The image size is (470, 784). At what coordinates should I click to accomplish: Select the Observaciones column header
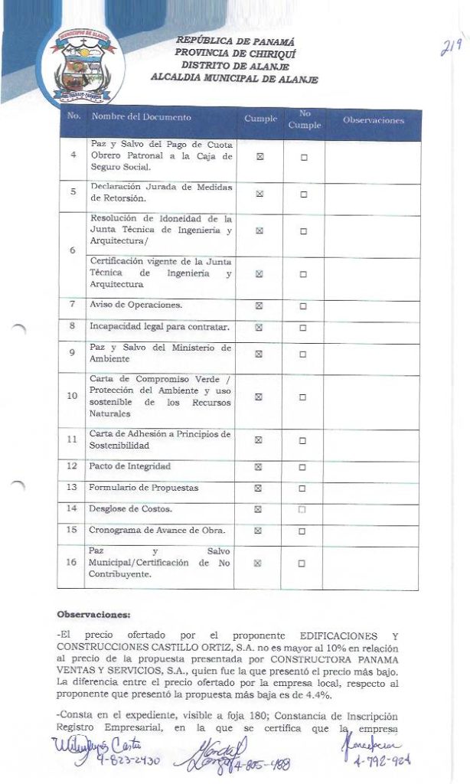click(x=373, y=121)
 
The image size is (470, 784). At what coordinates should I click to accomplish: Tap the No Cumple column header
click(x=304, y=119)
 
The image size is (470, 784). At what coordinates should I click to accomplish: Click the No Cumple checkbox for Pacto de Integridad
click(x=303, y=466)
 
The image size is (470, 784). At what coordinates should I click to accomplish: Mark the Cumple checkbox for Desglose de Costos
click(x=259, y=509)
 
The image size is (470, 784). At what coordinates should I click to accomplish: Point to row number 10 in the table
click(x=73, y=397)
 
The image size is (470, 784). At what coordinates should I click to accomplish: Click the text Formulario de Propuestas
click(x=144, y=488)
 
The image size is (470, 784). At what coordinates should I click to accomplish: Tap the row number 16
click(x=72, y=563)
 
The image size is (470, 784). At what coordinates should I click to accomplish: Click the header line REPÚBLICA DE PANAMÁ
click(x=235, y=41)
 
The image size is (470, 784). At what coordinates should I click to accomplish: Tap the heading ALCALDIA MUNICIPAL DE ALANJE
click(x=233, y=79)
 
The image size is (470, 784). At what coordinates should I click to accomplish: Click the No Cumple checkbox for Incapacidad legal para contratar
click(x=303, y=328)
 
